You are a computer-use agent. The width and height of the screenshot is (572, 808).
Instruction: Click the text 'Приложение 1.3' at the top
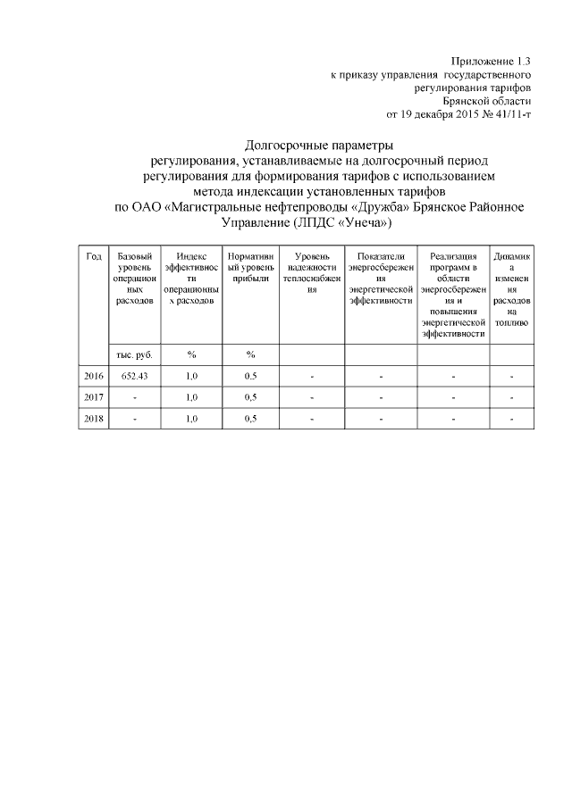[491, 62]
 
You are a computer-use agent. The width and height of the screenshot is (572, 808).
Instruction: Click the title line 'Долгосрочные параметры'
[318, 146]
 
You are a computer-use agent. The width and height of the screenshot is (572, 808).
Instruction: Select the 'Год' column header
[93, 256]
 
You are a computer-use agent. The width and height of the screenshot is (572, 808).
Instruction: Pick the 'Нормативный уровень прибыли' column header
[250, 268]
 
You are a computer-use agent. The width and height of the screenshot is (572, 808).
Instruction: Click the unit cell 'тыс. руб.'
[134, 354]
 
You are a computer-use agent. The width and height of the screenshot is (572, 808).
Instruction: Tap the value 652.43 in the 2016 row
[134, 376]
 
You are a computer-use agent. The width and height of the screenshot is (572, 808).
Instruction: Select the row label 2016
[93, 376]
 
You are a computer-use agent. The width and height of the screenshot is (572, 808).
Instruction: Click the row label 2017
[93, 396]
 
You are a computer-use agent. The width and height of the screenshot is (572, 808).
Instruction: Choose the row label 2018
[93, 417]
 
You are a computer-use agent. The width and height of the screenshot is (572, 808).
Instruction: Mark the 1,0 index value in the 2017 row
[190, 396]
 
